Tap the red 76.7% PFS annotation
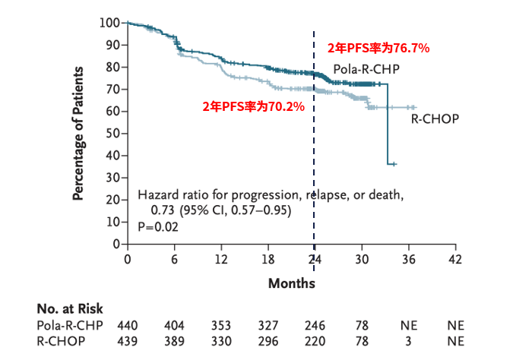(x=378, y=48)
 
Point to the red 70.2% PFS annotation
(x=253, y=107)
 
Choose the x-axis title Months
(x=291, y=283)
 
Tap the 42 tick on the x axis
(x=455, y=259)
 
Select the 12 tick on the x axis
(x=221, y=259)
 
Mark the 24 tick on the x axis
(x=315, y=259)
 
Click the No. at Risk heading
(x=70, y=309)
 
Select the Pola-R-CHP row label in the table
(x=70, y=326)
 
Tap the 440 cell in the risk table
(x=127, y=326)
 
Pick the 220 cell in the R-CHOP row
(x=315, y=342)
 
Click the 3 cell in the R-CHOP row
(x=409, y=342)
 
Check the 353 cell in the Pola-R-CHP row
(x=221, y=326)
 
